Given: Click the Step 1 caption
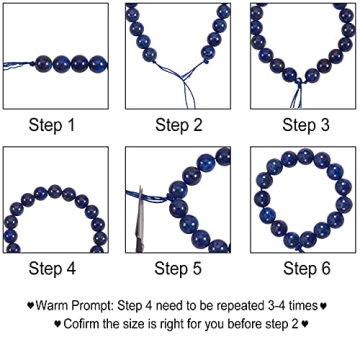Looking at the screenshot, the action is coord(52,125).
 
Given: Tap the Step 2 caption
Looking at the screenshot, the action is coord(179,125).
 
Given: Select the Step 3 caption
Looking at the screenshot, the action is coord(306,125).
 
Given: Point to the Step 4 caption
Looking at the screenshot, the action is coord(52,268).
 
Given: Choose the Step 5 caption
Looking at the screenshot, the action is coord(178,268).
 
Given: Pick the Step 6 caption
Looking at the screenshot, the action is coord(307,268).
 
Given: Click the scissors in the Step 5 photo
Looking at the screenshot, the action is coord(139,220).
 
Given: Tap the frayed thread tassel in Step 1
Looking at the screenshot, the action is coord(17,65).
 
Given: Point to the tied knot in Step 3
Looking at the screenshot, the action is coord(299,82).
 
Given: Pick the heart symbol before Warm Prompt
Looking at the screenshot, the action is coord(31,305).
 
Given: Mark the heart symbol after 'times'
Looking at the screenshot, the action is coord(323,305).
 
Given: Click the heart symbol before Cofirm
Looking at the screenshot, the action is coord(58,323).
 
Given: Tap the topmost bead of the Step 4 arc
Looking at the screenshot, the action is coord(55,191).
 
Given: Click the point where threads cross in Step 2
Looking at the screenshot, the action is coord(183,78).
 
